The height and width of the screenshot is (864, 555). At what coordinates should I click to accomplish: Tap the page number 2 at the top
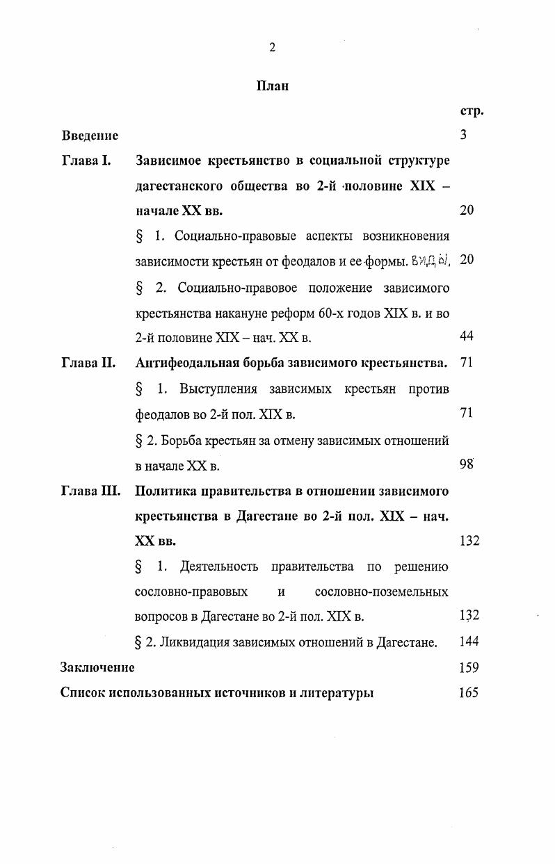pyautogui.click(x=272, y=47)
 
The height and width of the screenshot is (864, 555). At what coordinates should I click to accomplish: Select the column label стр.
pyautogui.click(x=472, y=111)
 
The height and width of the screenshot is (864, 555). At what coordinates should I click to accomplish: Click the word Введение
pyautogui.click(x=90, y=136)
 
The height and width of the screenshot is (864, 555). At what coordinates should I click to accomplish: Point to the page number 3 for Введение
pyautogui.click(x=463, y=136)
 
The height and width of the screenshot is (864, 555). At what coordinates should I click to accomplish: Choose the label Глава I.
pyautogui.click(x=86, y=161)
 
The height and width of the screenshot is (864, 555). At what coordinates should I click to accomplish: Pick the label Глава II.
pyautogui.click(x=88, y=363)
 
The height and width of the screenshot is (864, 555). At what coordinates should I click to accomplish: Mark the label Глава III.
pyautogui.click(x=90, y=491)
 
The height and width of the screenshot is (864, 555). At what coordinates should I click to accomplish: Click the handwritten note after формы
pyautogui.click(x=431, y=261)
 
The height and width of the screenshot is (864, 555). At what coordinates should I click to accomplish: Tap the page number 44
pyautogui.click(x=467, y=336)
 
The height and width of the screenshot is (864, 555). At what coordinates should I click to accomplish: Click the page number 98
pyautogui.click(x=467, y=465)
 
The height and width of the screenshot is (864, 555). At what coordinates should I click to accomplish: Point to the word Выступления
pyautogui.click(x=218, y=389)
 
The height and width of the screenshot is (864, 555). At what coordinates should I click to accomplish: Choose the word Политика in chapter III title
pyautogui.click(x=165, y=491)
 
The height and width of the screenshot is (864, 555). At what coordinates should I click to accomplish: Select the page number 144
pyautogui.click(x=469, y=642)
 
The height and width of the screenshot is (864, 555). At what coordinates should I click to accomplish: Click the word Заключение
pyautogui.click(x=97, y=667)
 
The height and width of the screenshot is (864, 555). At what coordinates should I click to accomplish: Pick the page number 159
pyautogui.click(x=469, y=667)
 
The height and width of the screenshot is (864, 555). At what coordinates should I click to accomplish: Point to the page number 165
pyautogui.click(x=469, y=692)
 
